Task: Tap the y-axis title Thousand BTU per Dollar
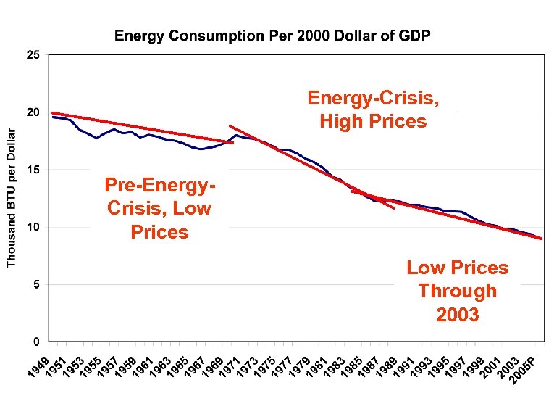11,197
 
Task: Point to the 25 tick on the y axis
33,55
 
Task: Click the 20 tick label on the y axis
33,112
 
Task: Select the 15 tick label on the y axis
33,170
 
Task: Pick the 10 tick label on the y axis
33,227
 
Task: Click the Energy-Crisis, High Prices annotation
373,110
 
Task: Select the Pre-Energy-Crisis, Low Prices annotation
159,208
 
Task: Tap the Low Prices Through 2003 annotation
457,291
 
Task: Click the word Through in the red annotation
457,291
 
